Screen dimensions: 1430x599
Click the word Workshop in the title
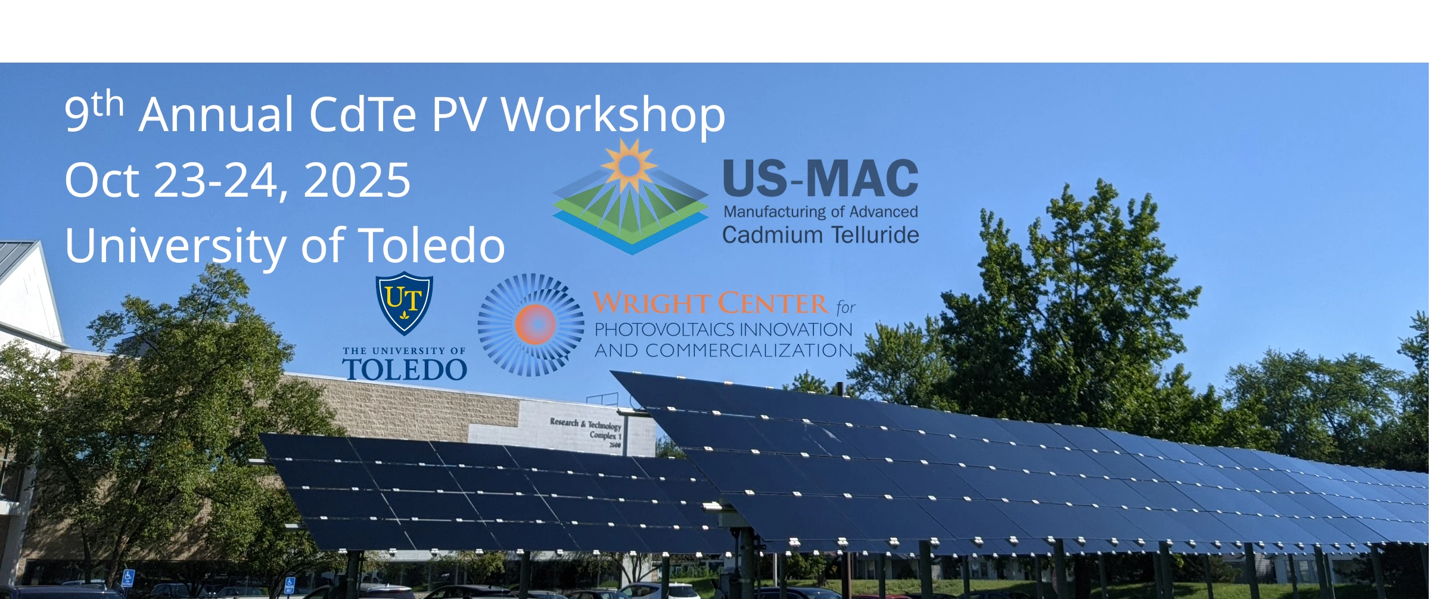(x=613, y=115)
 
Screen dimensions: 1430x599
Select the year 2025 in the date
(x=357, y=180)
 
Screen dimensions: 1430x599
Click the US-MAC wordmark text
(x=820, y=178)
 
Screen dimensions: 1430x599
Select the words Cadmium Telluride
(x=820, y=235)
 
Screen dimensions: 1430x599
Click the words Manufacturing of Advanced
(x=820, y=212)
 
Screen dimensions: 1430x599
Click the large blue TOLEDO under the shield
(x=405, y=370)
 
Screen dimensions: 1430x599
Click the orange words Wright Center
(x=710, y=303)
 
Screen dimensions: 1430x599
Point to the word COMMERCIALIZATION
(x=749, y=350)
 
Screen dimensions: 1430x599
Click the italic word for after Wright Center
(x=845, y=308)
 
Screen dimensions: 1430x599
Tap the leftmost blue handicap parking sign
(x=128, y=578)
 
